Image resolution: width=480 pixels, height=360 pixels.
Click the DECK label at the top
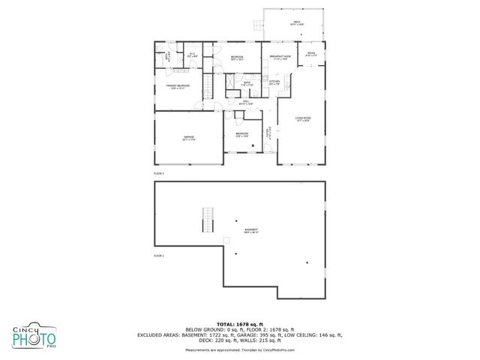click(x=297, y=22)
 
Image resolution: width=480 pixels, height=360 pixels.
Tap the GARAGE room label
click(x=189, y=137)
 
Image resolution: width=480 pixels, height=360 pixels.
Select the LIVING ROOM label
click(x=303, y=118)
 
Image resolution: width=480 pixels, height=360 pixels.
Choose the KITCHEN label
click(x=274, y=82)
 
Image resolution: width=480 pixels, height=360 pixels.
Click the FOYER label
click(x=268, y=133)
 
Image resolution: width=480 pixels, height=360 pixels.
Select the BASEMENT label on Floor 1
click(x=250, y=230)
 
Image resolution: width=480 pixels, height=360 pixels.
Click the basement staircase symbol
click(x=208, y=221)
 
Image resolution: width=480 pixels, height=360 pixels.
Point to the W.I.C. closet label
click(x=192, y=55)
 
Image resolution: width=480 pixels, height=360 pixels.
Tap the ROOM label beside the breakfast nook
click(x=311, y=54)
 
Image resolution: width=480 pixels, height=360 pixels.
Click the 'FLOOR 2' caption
click(x=158, y=173)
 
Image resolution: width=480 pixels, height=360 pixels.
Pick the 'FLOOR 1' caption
click(x=158, y=256)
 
